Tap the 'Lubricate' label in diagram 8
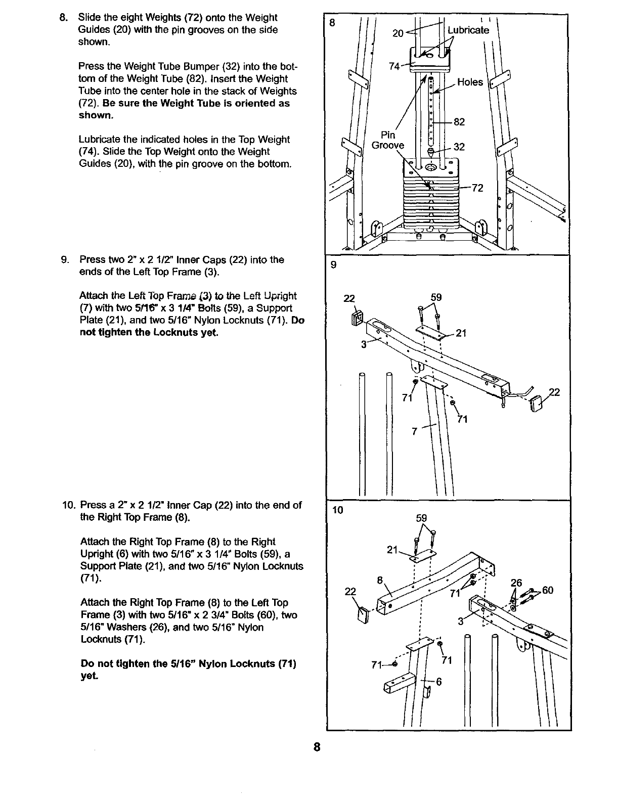coord(469,30)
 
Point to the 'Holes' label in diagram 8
coord(470,82)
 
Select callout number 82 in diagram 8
coord(459,122)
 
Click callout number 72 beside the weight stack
coord(477,188)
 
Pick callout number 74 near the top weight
coord(394,66)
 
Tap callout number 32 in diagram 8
coord(459,147)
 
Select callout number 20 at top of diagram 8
coord(398,33)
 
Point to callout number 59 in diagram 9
coord(436,297)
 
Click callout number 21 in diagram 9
coord(461,333)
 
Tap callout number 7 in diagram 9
coord(415,431)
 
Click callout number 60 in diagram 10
coord(548,590)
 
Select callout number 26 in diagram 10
coord(516,583)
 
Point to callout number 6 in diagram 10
coord(439,681)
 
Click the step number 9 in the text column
coord(65,260)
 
